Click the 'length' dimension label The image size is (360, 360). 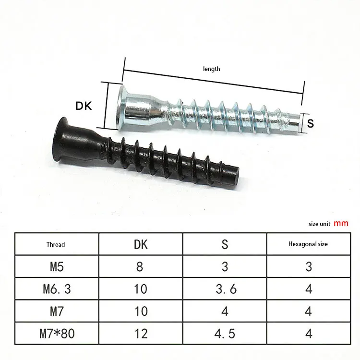(211, 69)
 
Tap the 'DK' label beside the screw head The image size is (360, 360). (84, 106)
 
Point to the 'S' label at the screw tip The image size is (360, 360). (310, 123)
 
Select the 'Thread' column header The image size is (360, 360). (56, 244)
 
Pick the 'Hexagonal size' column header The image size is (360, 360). (308, 244)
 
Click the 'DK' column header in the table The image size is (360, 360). (140, 244)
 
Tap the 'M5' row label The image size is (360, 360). (56, 266)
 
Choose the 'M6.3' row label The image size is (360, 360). (56, 288)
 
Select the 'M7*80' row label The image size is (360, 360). (56, 333)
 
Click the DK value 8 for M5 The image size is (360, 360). (140, 266)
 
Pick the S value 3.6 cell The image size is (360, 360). (224, 288)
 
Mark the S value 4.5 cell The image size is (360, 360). (224, 333)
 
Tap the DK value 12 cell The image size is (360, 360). (140, 333)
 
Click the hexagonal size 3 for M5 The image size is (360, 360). (308, 266)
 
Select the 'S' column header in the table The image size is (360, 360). (224, 244)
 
